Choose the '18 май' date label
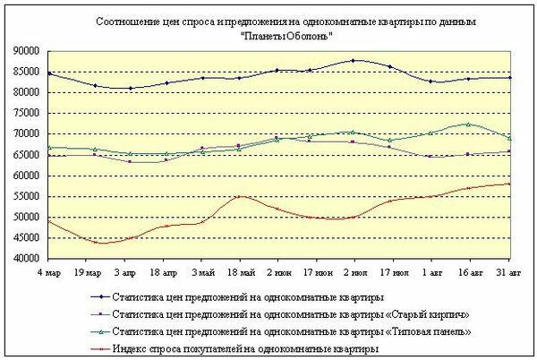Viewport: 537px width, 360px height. (x=238, y=270)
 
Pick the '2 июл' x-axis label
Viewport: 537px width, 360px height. (x=353, y=270)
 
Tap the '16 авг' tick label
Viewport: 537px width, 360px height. (x=469, y=270)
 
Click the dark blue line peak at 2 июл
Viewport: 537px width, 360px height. (x=354, y=61)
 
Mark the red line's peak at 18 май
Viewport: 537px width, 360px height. (x=239, y=197)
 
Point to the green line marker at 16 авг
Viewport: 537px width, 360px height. (x=469, y=124)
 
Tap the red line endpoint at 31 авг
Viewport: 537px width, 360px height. (x=509, y=184)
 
